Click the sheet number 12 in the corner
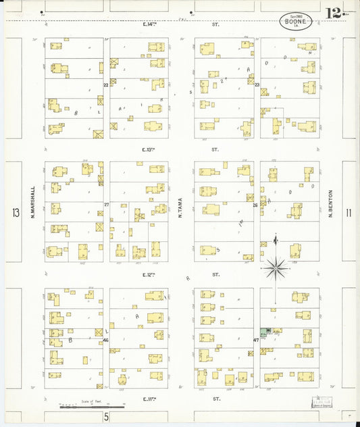tap(333, 13)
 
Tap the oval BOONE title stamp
tap(296, 21)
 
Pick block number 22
tap(106, 86)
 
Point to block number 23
tap(257, 84)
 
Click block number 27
tap(106, 204)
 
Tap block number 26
tap(255, 204)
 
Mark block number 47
tap(256, 339)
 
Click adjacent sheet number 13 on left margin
tap(16, 214)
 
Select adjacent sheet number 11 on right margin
tap(349, 214)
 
